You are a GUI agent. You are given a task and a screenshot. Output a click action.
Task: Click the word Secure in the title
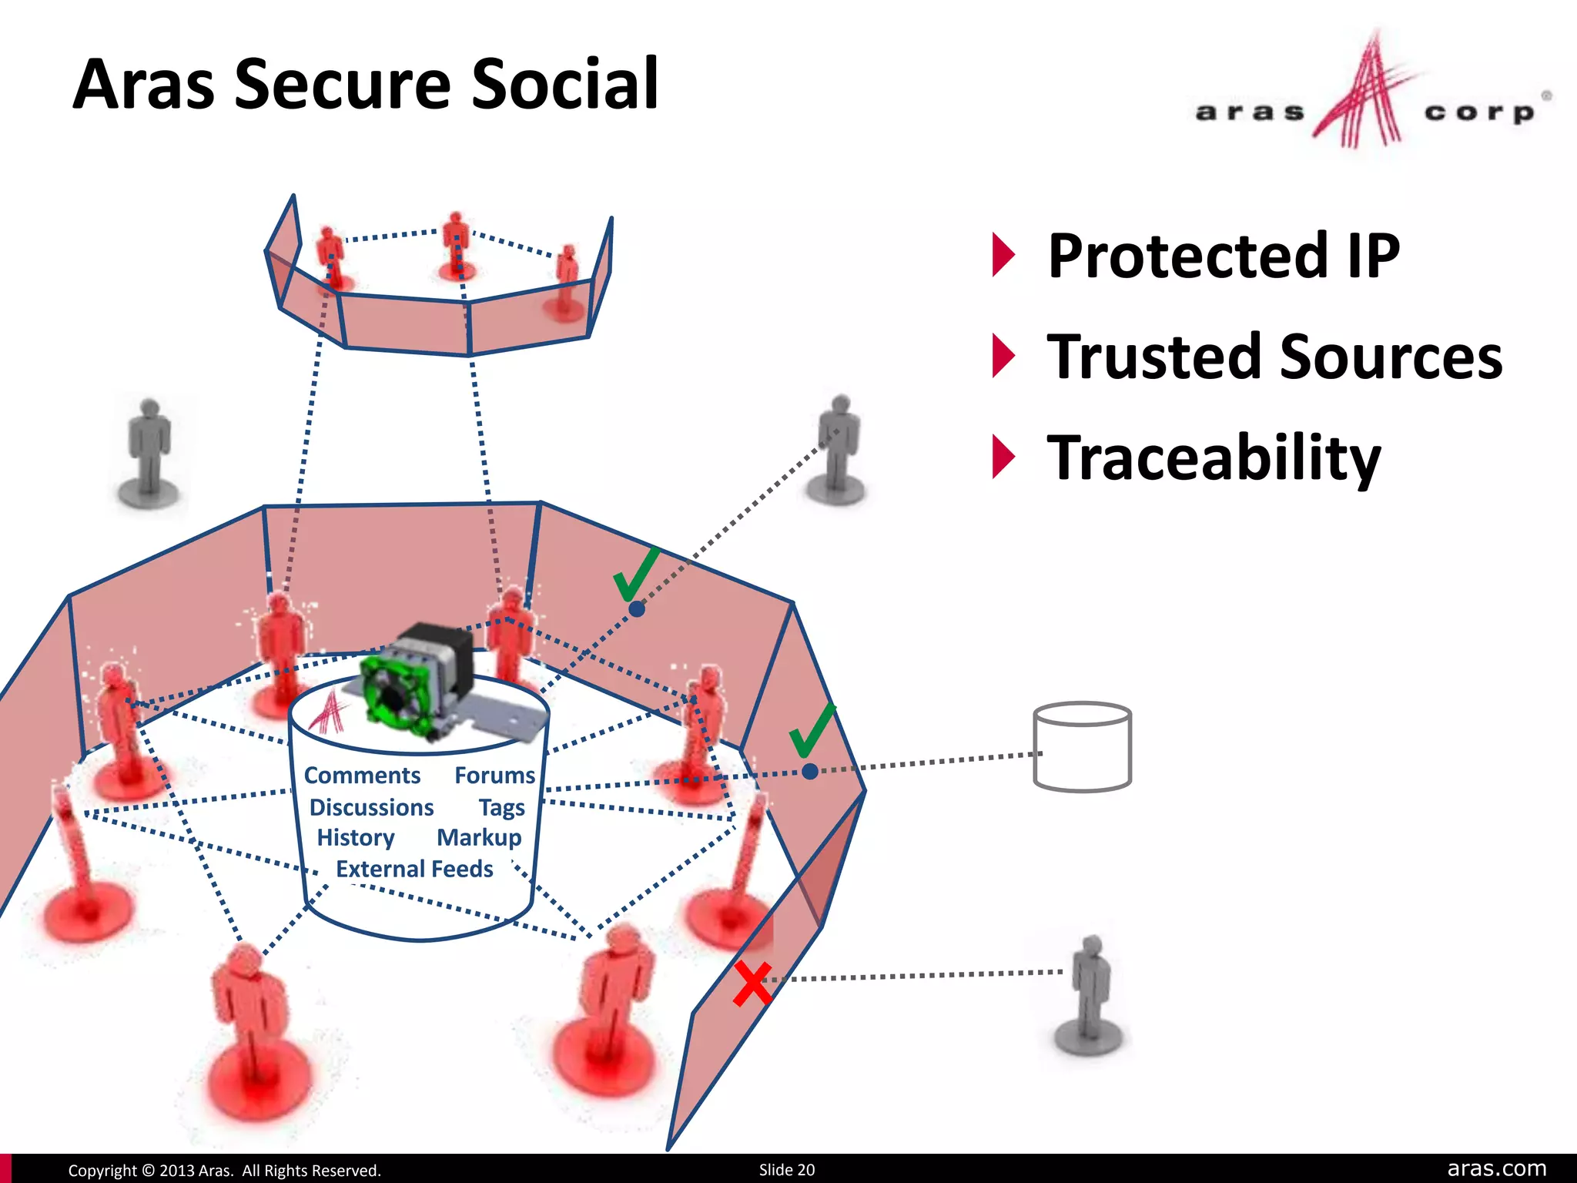342,85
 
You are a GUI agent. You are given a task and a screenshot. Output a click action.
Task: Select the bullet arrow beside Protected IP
1003,255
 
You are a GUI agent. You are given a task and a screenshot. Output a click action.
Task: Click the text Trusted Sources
1274,357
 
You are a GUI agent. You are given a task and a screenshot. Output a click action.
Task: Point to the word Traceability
1214,458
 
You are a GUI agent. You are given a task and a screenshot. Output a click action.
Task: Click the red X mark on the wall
752,984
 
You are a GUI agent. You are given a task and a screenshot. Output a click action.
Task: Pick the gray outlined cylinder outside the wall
1082,746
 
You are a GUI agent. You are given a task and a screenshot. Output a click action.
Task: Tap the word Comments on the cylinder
362,775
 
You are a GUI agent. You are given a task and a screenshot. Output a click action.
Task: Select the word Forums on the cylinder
494,775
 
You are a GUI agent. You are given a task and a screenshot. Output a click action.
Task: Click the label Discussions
371,807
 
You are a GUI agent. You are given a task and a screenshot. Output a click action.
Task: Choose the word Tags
501,807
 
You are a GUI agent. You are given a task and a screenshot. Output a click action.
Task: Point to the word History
356,837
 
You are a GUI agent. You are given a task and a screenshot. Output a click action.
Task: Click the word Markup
479,837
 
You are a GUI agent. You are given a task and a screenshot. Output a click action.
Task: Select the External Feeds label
414,869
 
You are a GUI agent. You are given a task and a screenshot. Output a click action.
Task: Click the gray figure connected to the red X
1090,994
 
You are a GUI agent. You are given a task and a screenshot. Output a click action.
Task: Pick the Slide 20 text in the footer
786,1170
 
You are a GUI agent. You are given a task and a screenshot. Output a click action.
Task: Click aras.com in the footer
1496,1169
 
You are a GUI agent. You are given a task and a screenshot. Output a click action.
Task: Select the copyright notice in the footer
224,1171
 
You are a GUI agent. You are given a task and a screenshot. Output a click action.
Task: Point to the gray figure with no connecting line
149,454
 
